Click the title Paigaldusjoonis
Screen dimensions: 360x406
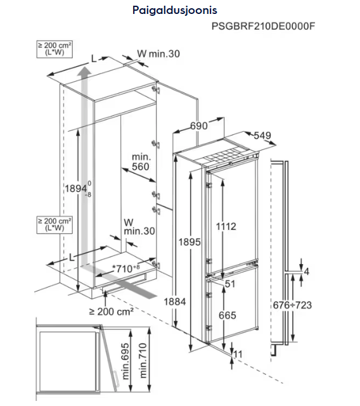tap(175, 11)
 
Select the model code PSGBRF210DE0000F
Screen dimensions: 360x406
tap(263, 27)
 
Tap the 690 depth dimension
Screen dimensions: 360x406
tap(199, 126)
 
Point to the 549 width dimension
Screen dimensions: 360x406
tap(262, 136)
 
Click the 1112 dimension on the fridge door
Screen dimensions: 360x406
tap(226, 227)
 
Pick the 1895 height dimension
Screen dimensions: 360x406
tap(190, 242)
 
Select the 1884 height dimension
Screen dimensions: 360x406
tap(175, 301)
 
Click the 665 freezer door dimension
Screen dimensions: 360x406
tap(228, 315)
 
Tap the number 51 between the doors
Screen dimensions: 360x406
tap(230, 284)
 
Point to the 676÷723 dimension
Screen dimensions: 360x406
tap(292, 305)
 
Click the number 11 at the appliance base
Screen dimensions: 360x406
tap(238, 354)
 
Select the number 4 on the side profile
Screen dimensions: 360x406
tap(307, 272)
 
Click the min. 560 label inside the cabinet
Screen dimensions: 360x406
tap(141, 162)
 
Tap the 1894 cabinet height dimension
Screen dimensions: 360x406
tap(78, 189)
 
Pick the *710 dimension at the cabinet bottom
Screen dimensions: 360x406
tap(125, 269)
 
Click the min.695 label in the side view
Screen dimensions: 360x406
tap(125, 361)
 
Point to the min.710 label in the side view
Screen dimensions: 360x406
tap(143, 360)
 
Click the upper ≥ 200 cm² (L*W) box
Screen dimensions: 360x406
tap(55, 49)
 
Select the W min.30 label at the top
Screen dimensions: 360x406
tap(158, 54)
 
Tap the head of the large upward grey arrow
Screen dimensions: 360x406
tap(84, 71)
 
